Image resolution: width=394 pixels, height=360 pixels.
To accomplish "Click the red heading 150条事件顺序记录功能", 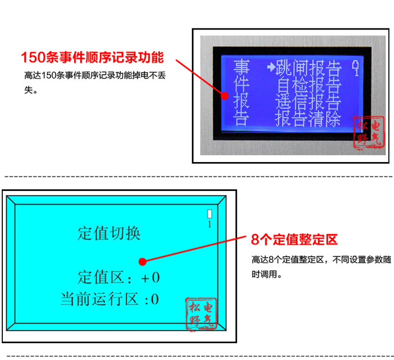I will click(x=92, y=58).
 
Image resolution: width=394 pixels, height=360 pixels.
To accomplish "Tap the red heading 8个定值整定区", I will click(x=294, y=240).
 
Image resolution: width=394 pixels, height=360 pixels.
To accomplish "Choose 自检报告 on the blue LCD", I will click(x=308, y=86).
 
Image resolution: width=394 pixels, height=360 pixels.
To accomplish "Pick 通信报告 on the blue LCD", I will click(x=308, y=104).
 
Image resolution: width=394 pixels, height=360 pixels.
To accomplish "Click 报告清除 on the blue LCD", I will click(x=308, y=120).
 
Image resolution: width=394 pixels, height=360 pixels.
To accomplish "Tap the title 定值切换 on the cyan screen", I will click(x=110, y=233).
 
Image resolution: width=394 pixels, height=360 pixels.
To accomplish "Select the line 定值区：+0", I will click(x=118, y=277).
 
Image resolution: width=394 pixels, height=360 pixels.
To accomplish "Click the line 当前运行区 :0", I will click(x=110, y=299).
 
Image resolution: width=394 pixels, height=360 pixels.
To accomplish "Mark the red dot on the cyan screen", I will click(x=143, y=262).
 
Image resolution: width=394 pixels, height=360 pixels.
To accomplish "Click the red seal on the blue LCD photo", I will click(x=368, y=133).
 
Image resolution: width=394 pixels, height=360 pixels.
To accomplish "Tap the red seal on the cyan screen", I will click(x=201, y=314).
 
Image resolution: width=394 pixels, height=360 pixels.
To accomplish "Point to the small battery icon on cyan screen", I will click(x=210, y=214).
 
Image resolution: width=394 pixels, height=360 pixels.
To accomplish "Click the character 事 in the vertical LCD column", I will click(x=240, y=68).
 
